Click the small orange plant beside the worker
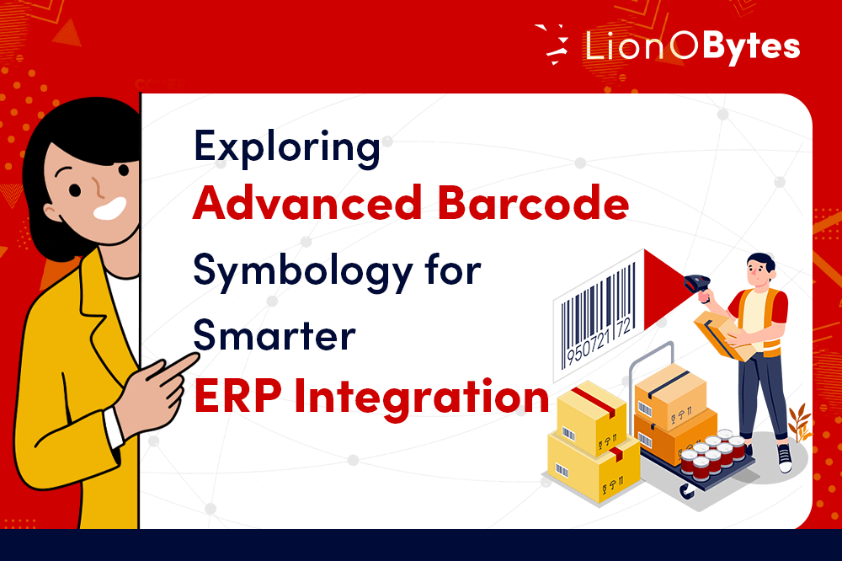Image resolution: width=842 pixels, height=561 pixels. pyautogui.click(x=801, y=422)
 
